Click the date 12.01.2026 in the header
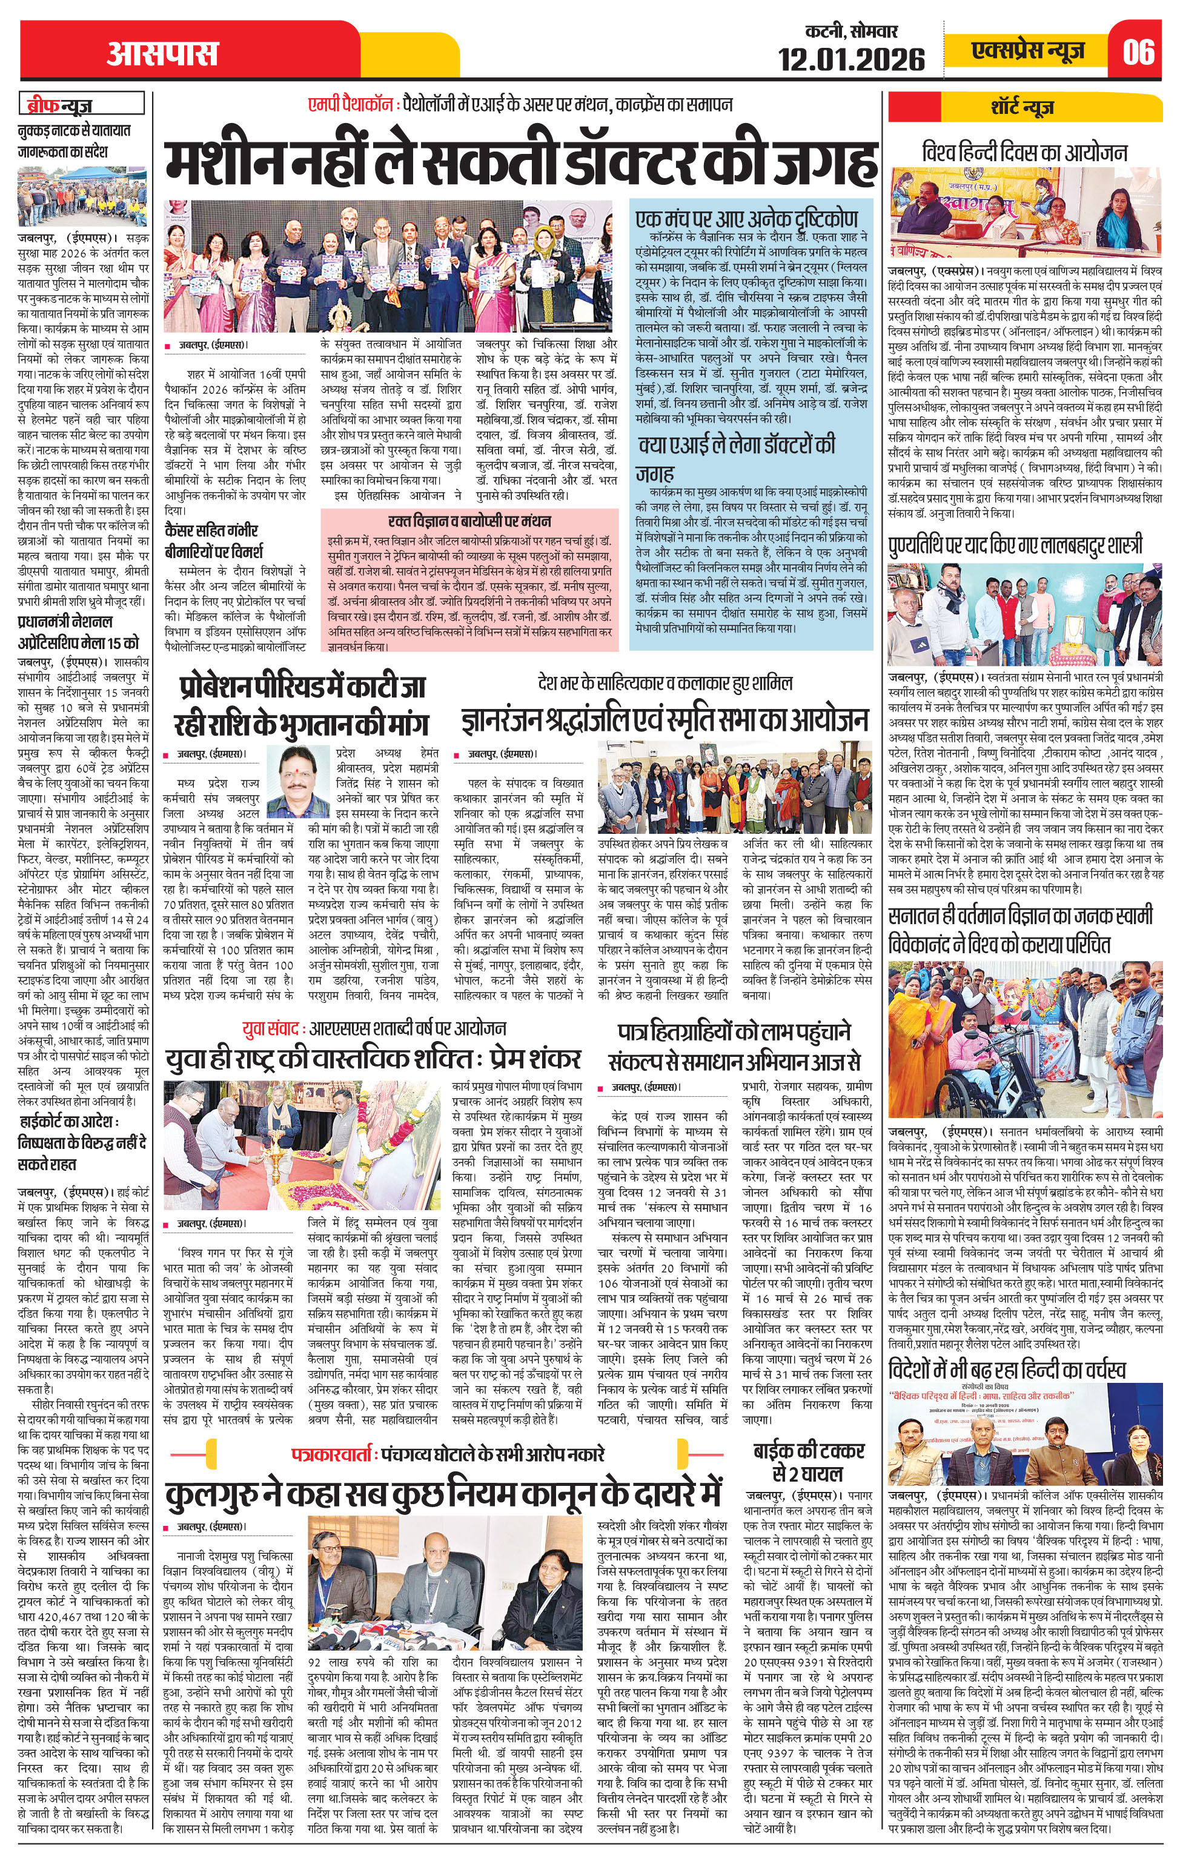851,59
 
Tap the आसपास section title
162,53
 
